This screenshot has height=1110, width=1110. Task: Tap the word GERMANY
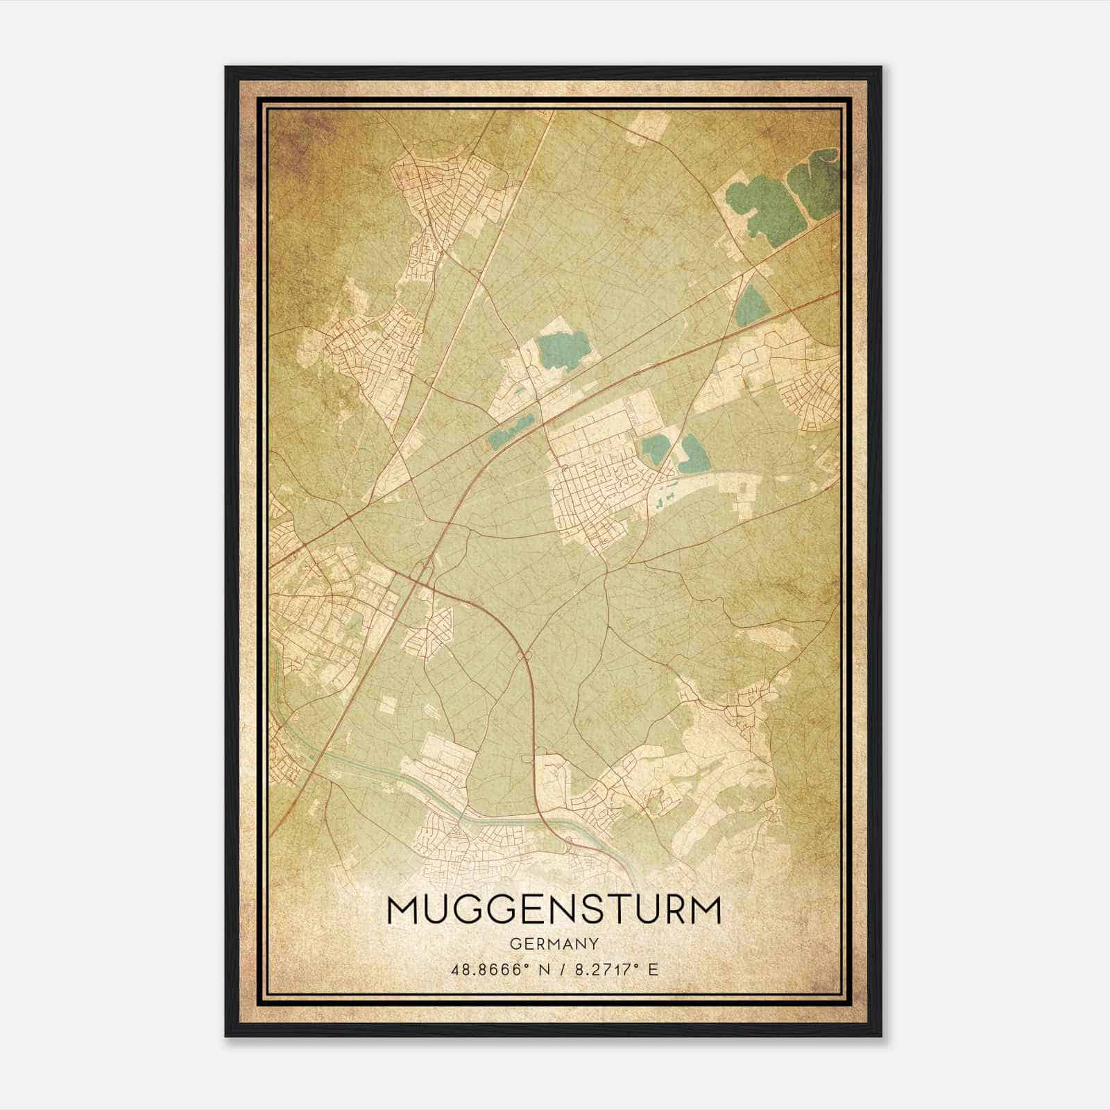pos(554,944)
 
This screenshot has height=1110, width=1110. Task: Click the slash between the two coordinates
pos(563,970)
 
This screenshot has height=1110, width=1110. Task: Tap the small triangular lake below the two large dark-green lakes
pos(750,305)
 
